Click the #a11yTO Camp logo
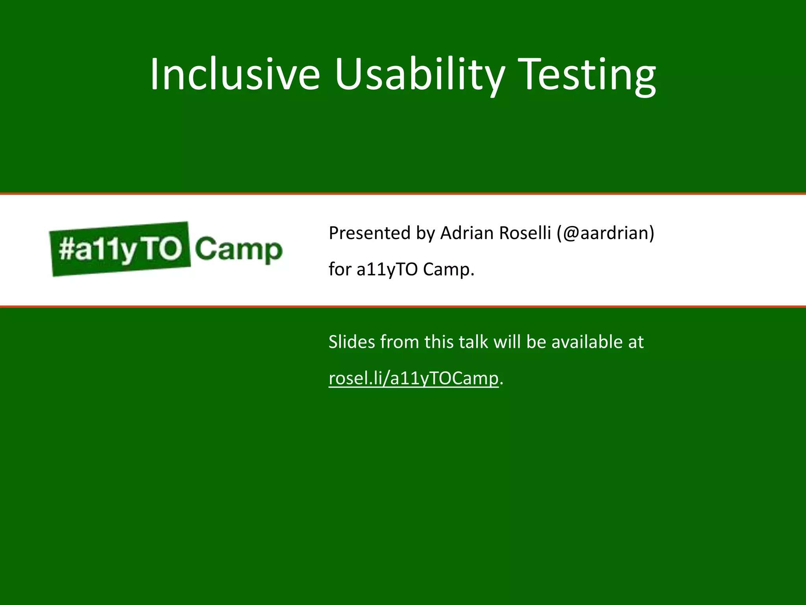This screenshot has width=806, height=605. (166, 249)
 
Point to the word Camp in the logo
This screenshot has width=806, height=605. (238, 249)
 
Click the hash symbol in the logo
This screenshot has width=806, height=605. (66, 249)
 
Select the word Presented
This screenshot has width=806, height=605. (370, 233)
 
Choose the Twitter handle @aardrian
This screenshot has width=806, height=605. (606, 233)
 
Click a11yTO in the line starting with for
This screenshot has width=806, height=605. (387, 270)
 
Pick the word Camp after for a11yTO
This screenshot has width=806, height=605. (448, 270)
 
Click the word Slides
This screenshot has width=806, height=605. (352, 342)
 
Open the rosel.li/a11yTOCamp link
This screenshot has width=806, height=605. (414, 379)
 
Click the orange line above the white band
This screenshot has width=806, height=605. (403, 194)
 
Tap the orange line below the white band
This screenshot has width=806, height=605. (403, 306)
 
